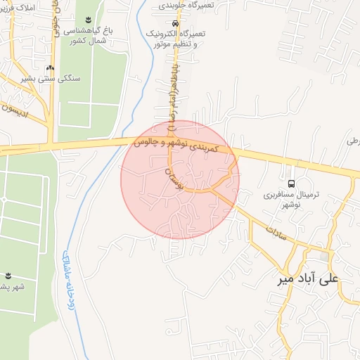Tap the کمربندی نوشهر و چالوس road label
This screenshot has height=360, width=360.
(x=181, y=147)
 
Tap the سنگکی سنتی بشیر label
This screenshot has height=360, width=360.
(x=51, y=79)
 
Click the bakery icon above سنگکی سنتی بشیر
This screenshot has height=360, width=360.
(x=50, y=68)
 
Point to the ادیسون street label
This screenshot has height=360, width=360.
(x=18, y=108)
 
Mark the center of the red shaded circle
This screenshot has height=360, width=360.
(x=180, y=179)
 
